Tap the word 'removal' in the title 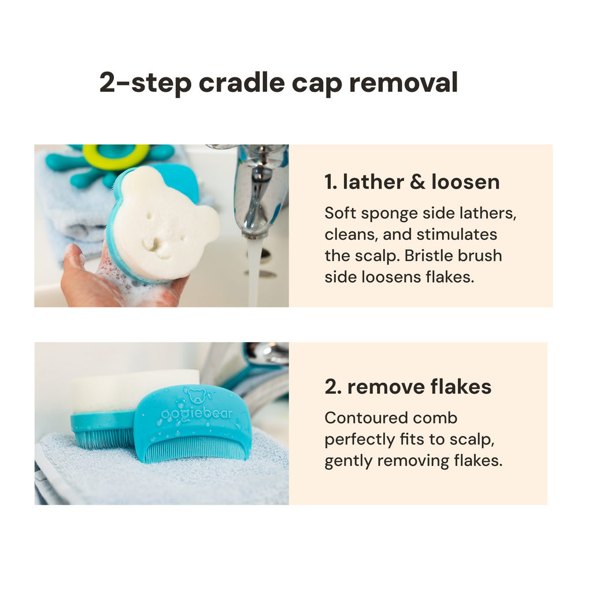(402, 82)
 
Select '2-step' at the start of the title (145, 83)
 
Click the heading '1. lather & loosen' (412, 182)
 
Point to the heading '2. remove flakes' (408, 387)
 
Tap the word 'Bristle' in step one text (424, 256)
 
